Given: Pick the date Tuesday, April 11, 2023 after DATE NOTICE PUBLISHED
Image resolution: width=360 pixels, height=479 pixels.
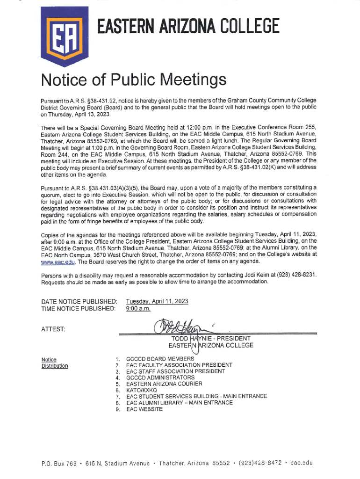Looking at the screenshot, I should click(157, 301).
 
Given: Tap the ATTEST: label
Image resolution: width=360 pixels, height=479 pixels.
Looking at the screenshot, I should click(53, 330).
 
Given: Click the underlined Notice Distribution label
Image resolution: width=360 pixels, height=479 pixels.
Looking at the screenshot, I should click(55, 363).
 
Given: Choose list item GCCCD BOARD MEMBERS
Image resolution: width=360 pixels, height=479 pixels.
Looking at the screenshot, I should click(160, 358).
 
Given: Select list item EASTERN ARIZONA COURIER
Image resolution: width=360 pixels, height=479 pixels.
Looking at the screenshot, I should click(164, 384).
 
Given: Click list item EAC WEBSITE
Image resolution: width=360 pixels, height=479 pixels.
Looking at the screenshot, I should click(144, 409).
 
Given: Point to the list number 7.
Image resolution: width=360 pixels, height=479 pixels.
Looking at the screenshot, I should click(118, 397).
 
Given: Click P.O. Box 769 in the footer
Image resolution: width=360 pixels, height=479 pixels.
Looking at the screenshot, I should click(58, 464).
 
